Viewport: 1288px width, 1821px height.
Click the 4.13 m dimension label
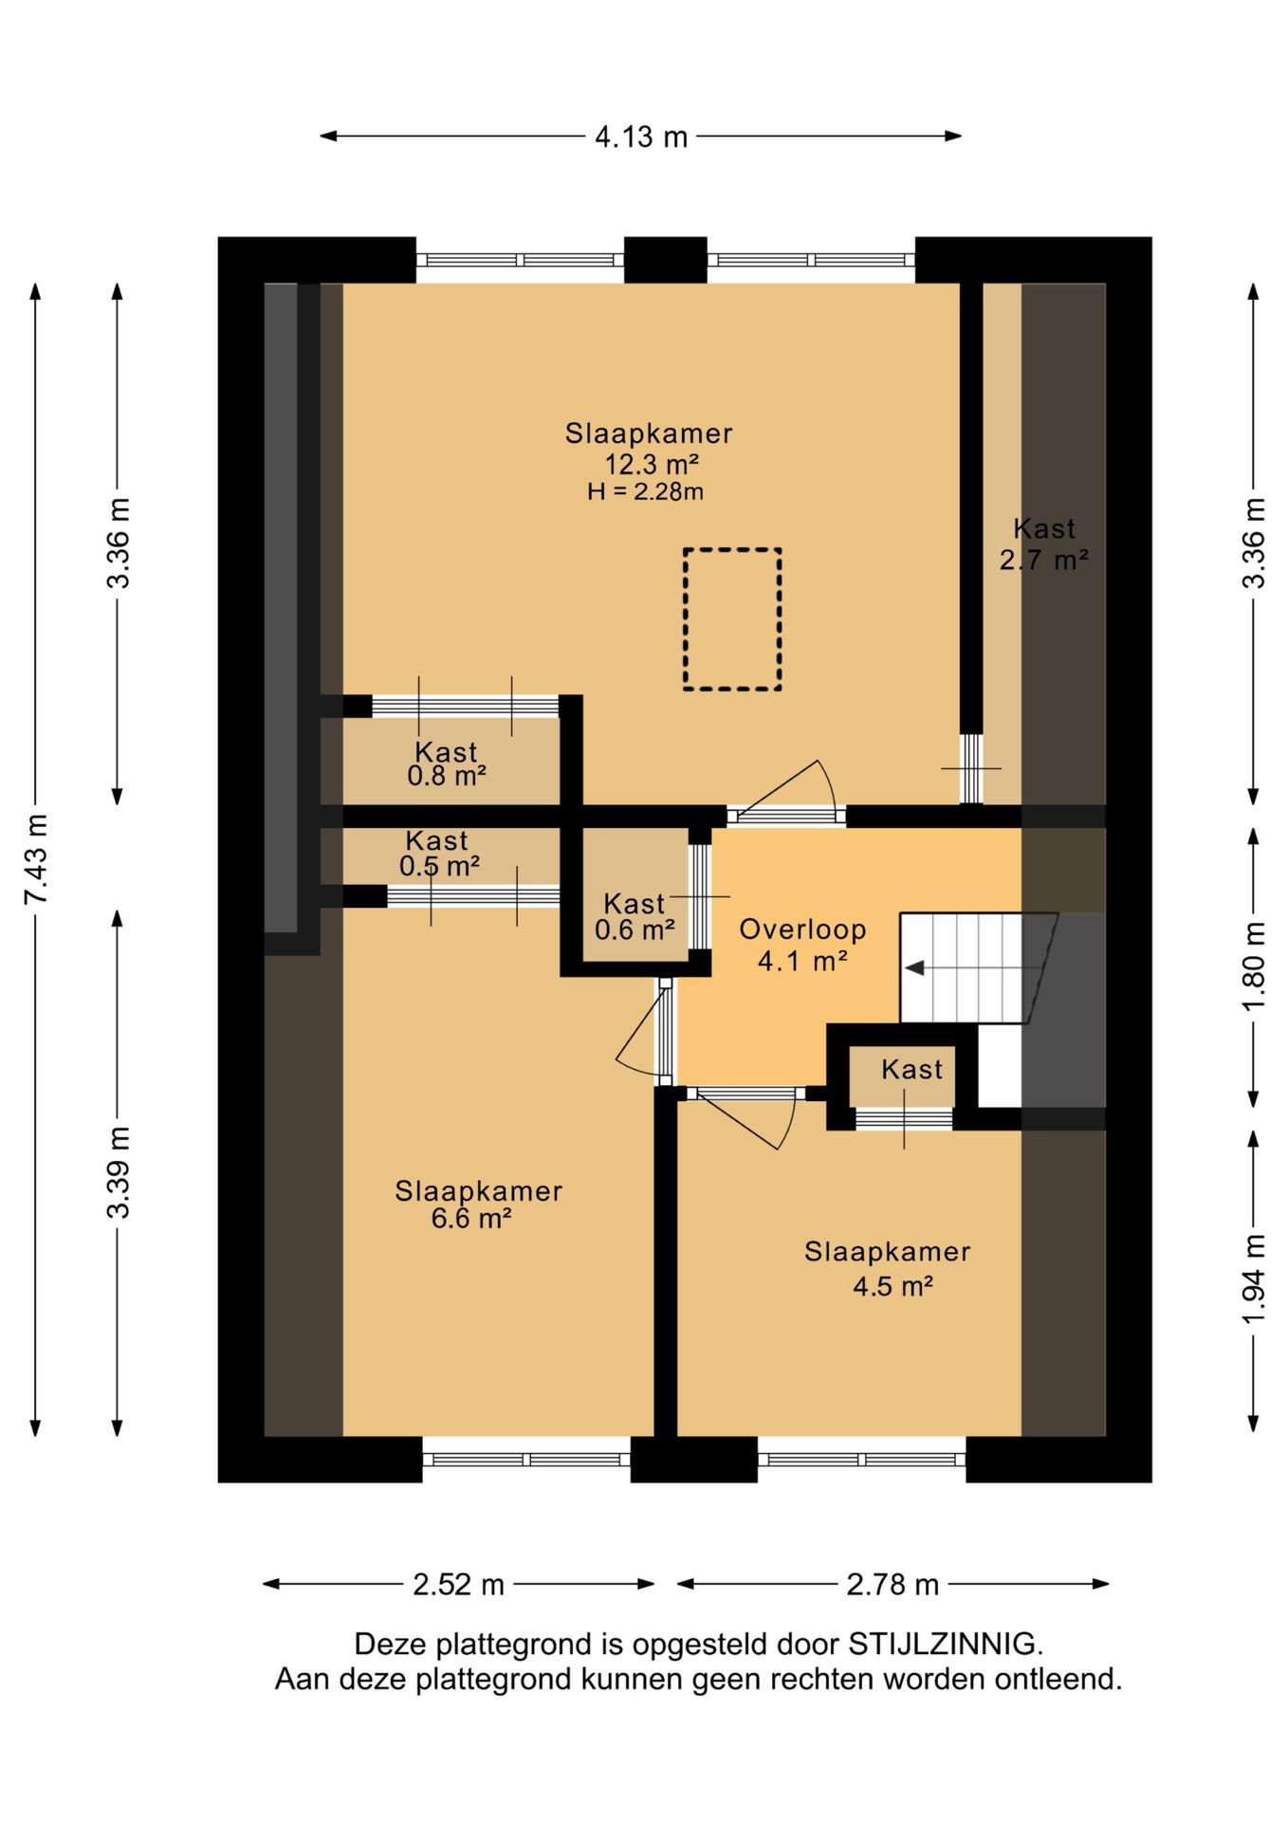(x=641, y=137)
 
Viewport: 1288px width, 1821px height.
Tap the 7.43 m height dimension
(x=36, y=858)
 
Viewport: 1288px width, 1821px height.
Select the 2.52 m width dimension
(x=458, y=1584)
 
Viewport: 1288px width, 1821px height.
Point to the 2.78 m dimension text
(x=892, y=1584)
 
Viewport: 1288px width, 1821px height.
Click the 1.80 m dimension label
(x=1254, y=966)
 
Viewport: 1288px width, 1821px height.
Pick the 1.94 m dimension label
(x=1254, y=1280)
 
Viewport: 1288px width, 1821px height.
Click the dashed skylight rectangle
(x=732, y=618)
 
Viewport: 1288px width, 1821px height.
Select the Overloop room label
(x=802, y=929)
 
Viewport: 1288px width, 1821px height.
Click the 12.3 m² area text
(x=652, y=465)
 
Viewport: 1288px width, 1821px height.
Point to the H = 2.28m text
(x=645, y=491)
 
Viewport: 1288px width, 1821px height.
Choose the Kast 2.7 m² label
(x=1043, y=544)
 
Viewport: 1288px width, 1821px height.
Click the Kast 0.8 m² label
(x=446, y=764)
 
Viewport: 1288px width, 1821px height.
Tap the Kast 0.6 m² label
(x=635, y=917)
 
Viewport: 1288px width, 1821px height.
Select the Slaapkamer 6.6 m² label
(x=478, y=1205)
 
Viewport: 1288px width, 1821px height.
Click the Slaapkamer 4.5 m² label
(x=888, y=1269)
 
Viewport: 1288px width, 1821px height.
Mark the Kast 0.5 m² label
(x=438, y=854)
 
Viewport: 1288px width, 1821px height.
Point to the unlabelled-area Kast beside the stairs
(x=911, y=1070)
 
